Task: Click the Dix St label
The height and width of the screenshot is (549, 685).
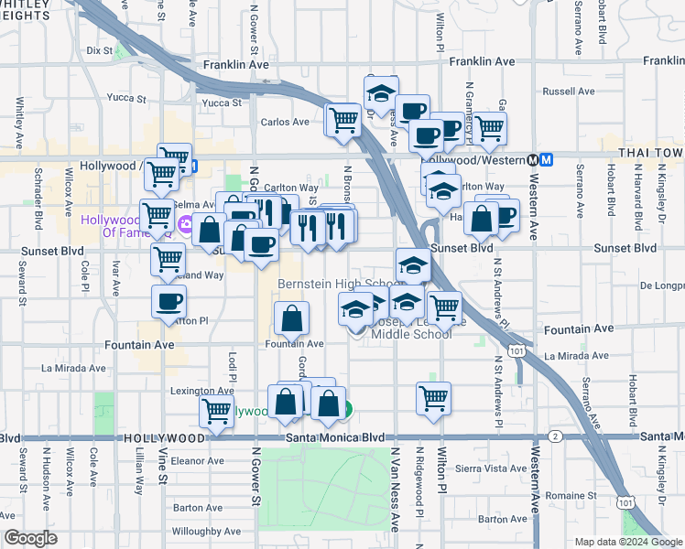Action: (x=99, y=51)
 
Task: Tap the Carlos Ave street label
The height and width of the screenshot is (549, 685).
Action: (x=285, y=122)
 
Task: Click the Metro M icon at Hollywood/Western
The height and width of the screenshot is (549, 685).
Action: (x=547, y=158)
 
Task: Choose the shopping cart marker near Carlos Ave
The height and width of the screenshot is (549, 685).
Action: (x=343, y=119)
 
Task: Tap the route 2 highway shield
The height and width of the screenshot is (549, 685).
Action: (x=556, y=436)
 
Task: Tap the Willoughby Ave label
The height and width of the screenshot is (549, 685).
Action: (x=210, y=531)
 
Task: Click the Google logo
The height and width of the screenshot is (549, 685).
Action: (x=30, y=538)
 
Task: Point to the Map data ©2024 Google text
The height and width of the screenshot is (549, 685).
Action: (x=628, y=542)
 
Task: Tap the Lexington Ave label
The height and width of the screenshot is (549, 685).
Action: (x=201, y=391)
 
